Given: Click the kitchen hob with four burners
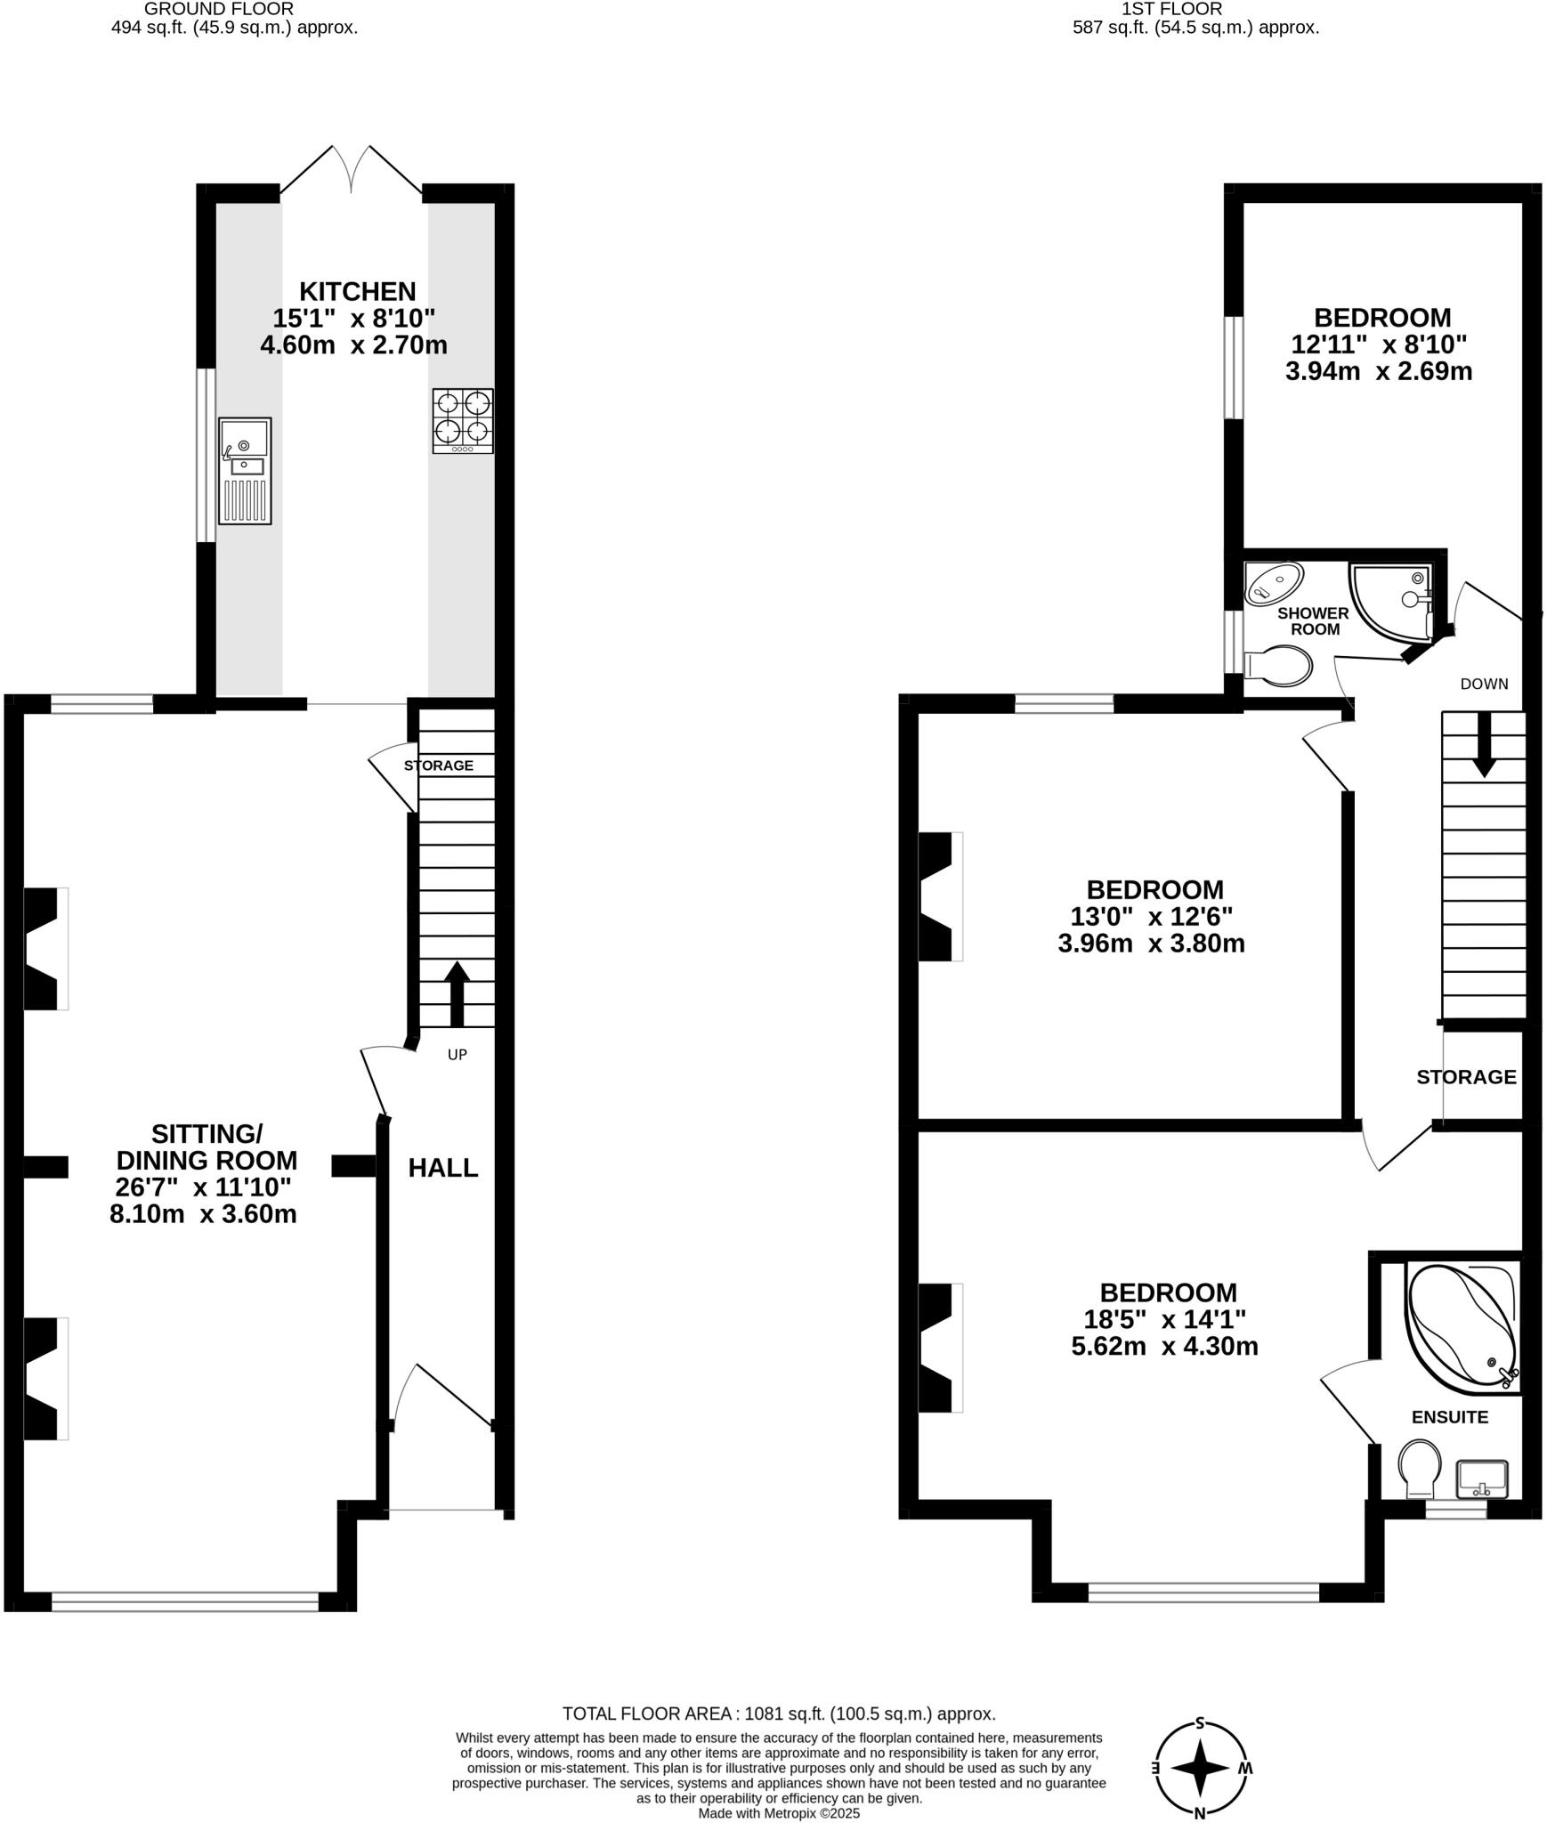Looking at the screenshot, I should click(463, 420).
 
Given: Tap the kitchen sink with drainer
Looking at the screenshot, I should click(245, 471).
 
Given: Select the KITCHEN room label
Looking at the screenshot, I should click(357, 291).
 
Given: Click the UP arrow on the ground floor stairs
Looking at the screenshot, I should click(458, 993).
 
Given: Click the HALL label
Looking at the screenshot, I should click(443, 1168).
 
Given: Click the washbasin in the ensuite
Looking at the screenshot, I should click(1482, 1479).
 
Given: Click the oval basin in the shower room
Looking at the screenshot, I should click(1274, 583).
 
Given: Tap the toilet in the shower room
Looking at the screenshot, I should click(1279, 667).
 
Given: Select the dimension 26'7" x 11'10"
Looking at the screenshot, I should click(203, 1187).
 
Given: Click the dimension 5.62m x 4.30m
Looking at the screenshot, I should click(1164, 1346).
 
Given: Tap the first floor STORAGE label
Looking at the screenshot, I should click(1466, 1077).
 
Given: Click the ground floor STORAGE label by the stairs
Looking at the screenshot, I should click(438, 766).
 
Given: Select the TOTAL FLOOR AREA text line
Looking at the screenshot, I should click(778, 1714).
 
